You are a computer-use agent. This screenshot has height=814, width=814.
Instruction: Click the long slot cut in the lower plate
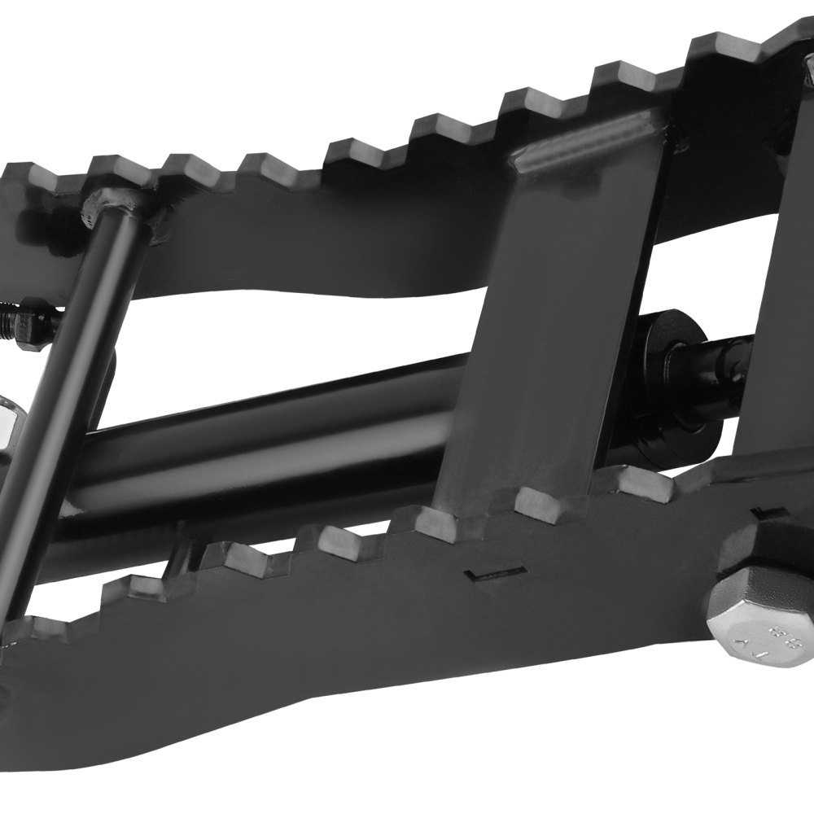(492, 574)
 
